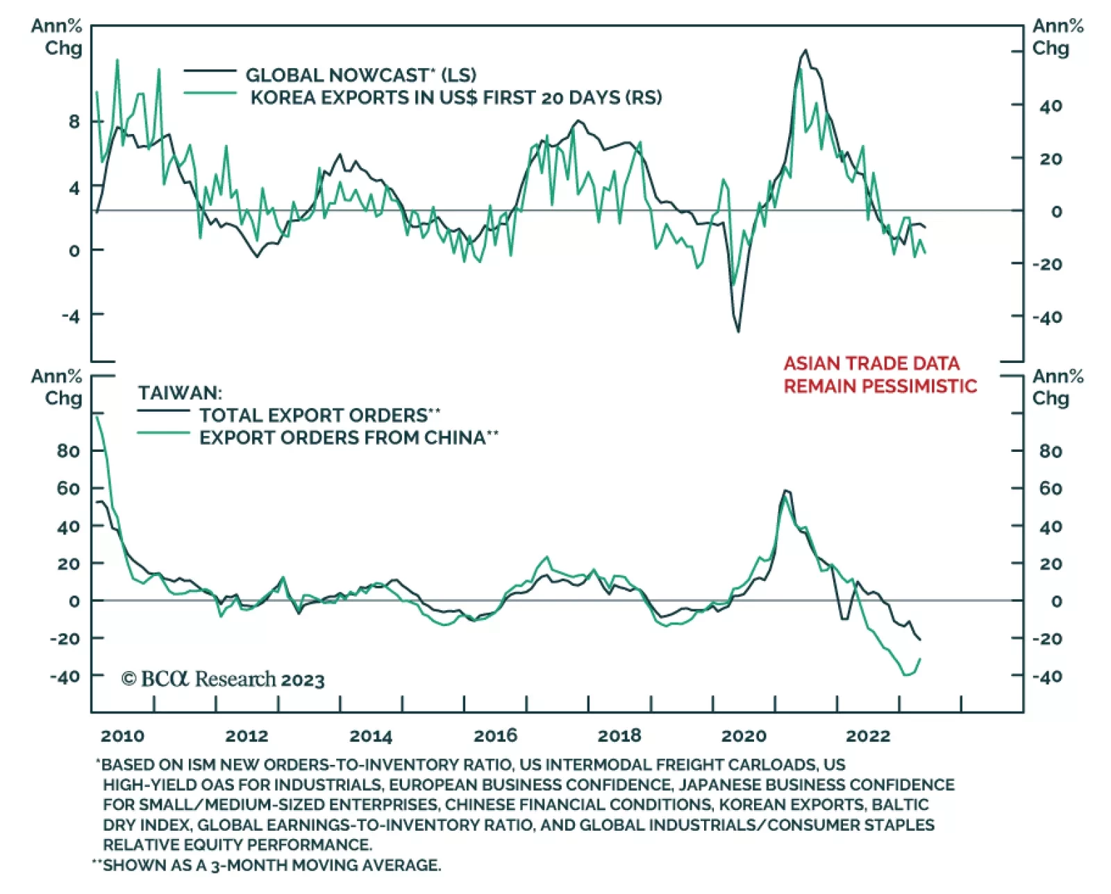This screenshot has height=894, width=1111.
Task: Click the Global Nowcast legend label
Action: (x=360, y=75)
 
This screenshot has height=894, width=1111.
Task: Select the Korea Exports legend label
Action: (x=456, y=97)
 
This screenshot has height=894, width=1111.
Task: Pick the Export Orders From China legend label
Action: (x=349, y=437)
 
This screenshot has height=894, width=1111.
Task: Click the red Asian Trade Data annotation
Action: (x=880, y=375)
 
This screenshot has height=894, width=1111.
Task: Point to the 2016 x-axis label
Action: (x=495, y=736)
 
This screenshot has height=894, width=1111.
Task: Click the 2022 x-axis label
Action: (x=867, y=736)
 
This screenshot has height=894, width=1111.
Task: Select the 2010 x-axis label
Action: (x=123, y=736)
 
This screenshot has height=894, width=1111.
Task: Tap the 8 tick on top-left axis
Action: (x=74, y=122)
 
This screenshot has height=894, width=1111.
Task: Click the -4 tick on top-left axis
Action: (x=71, y=317)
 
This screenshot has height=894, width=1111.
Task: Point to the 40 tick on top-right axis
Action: (x=1051, y=106)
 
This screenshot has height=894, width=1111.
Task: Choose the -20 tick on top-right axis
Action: (x=1046, y=264)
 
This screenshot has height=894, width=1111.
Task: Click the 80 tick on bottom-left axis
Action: (x=68, y=451)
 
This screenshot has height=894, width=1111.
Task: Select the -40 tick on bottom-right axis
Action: (x=1046, y=676)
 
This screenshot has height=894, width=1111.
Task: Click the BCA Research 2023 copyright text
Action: (x=223, y=679)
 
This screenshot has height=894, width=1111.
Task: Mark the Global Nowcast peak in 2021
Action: (x=805, y=50)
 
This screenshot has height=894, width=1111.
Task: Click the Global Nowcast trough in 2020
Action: (x=738, y=332)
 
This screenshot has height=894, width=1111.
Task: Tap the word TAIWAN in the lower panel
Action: (x=180, y=393)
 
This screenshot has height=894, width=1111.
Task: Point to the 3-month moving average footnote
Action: (x=271, y=866)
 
